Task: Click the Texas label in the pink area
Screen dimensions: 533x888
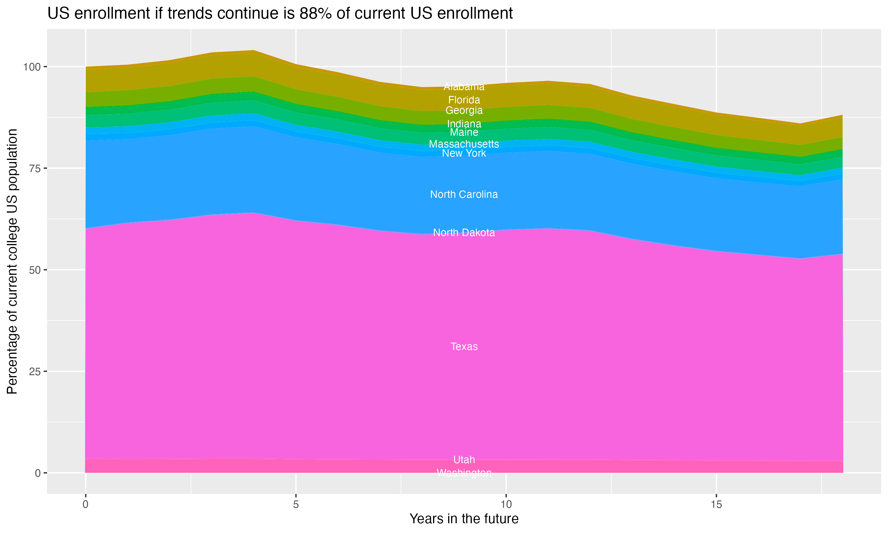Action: coord(464,346)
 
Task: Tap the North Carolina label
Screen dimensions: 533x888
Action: coord(464,194)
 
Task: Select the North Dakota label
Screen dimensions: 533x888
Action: coord(464,233)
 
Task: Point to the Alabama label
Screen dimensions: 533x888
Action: coord(464,86)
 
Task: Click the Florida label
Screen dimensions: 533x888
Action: coord(464,100)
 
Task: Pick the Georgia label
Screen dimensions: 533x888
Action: coord(464,110)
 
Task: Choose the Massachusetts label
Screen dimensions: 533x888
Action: coord(464,144)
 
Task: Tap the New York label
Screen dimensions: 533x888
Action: coord(464,153)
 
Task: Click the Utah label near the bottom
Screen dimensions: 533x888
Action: coord(464,460)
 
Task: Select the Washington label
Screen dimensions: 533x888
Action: coord(464,473)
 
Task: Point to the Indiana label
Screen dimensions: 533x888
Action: coord(464,124)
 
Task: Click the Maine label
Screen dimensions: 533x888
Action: coord(464,132)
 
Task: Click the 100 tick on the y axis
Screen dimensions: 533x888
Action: coord(32,67)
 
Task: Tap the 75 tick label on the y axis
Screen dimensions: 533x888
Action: coord(35,168)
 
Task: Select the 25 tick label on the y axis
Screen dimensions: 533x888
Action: coord(35,371)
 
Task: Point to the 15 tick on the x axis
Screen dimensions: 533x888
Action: coord(716,505)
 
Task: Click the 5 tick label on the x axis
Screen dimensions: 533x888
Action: coord(295,505)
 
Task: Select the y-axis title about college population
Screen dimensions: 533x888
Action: coord(12,261)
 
